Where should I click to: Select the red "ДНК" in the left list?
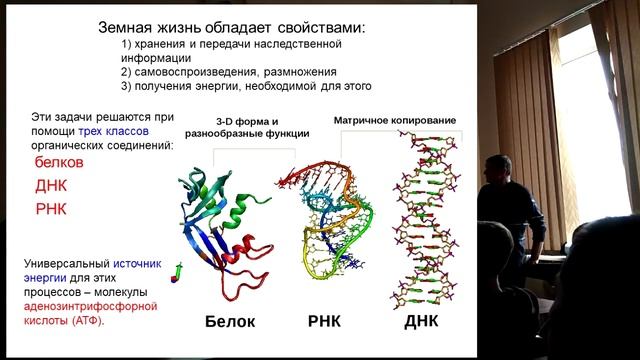51,186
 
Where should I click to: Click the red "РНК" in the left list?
51,209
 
